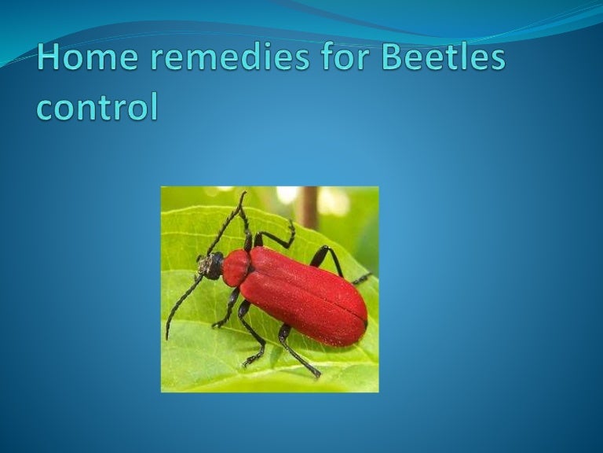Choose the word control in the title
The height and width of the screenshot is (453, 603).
tap(97, 106)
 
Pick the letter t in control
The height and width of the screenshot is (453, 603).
tap(109, 106)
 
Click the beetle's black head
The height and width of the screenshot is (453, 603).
tap(210, 267)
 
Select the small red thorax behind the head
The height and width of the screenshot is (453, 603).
tap(236, 267)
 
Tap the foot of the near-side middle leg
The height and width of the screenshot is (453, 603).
tap(247, 363)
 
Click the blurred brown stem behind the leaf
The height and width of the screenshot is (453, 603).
tap(308, 206)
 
